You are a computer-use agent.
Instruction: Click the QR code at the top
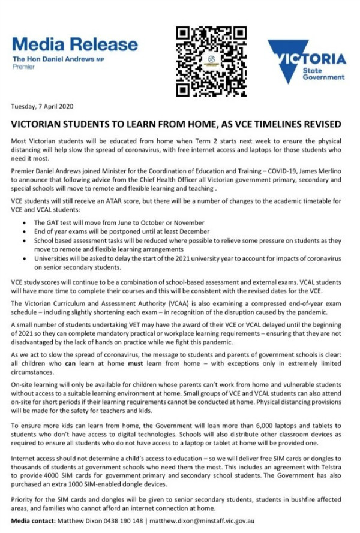point(211,61)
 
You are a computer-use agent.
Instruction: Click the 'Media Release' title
point(74,44)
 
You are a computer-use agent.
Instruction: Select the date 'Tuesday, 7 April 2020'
point(41,107)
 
